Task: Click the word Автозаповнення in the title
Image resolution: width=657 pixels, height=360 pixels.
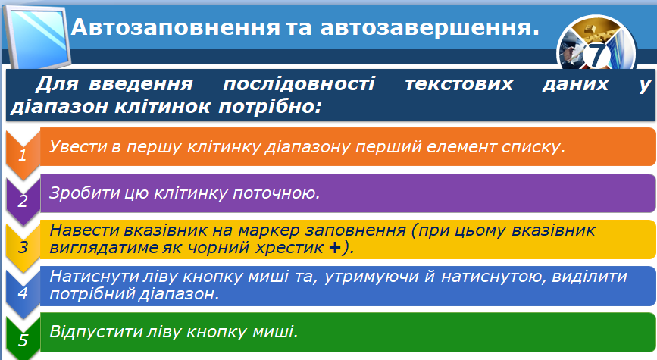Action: (175, 27)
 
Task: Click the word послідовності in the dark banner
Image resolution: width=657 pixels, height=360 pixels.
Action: (299, 84)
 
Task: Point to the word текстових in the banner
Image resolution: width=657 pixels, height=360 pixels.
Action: (458, 84)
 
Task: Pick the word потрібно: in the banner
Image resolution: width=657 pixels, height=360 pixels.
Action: (270, 106)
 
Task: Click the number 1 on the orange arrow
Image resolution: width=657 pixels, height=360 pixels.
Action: (23, 155)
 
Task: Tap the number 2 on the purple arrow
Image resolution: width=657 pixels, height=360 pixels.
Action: (23, 201)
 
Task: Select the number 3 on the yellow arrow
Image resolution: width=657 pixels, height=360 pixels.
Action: (23, 247)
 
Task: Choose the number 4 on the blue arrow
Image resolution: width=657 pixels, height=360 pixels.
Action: (23, 293)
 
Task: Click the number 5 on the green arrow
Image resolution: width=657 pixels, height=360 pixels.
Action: (23, 340)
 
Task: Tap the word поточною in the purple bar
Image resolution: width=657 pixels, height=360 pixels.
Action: (276, 193)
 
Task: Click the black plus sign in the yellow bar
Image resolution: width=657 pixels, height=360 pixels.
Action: (334, 248)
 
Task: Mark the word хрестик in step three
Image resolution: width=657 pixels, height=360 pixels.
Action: (289, 248)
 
